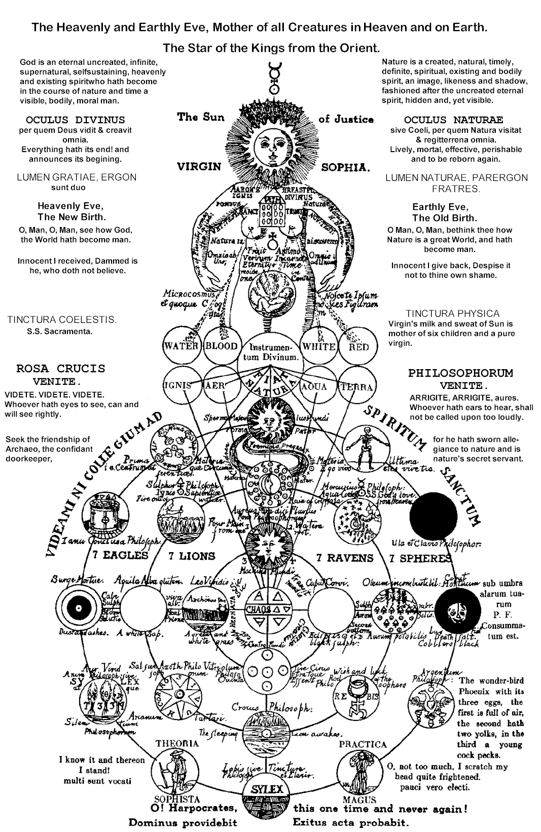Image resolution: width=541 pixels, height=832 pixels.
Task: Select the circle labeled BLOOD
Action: [221, 347]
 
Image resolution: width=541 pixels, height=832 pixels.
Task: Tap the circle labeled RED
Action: [358, 347]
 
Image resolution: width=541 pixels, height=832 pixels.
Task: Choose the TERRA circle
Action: [356, 387]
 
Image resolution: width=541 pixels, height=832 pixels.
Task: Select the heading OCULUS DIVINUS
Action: [75, 120]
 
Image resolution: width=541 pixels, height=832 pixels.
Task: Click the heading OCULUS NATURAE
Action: [453, 120]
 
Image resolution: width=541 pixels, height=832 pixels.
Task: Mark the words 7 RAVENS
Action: [345, 558]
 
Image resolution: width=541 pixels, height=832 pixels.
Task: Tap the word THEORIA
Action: [176, 744]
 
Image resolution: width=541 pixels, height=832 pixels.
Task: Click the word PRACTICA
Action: [363, 744]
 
